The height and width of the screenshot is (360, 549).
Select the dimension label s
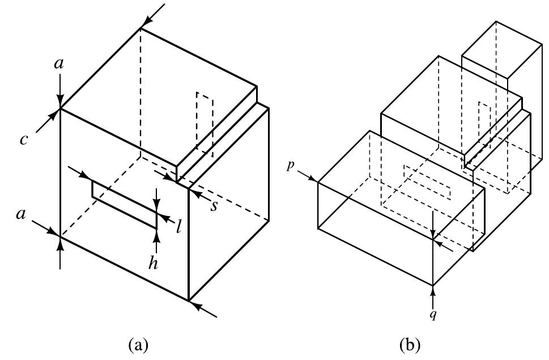point(214,206)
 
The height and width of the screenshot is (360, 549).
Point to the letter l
point(178,228)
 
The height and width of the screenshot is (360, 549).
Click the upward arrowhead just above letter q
point(433,290)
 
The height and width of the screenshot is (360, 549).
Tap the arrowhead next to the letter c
point(55,115)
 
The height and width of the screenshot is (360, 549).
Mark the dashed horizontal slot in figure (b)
point(427,183)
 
